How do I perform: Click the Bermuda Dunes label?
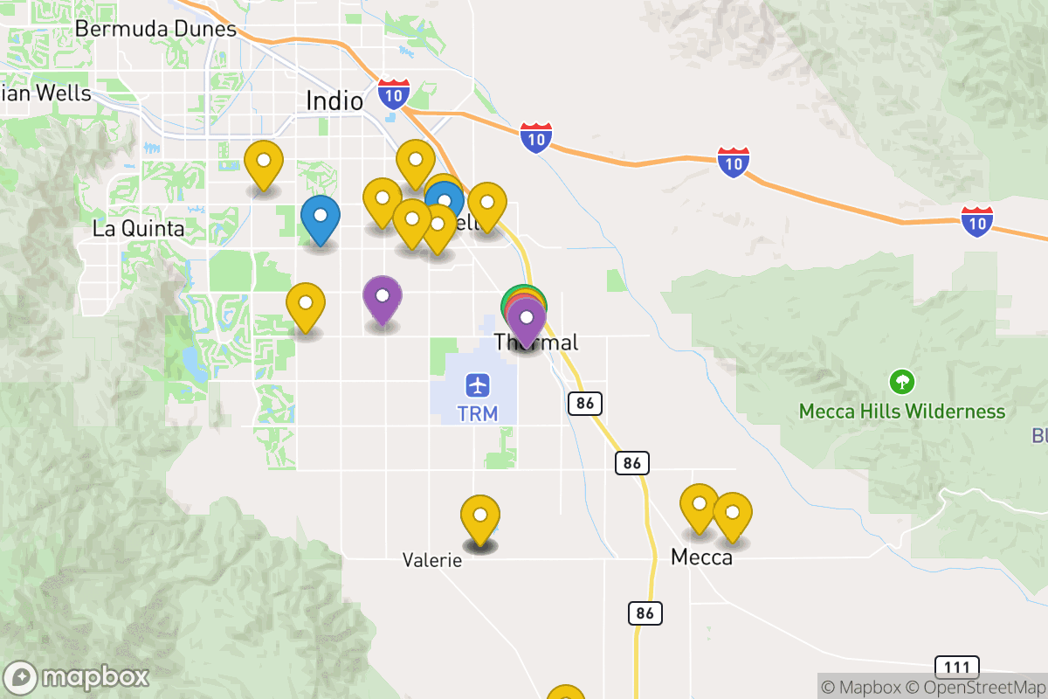coord(155,28)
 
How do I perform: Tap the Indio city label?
coord(334,101)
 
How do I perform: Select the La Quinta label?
coord(139,229)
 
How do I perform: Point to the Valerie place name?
coord(431,560)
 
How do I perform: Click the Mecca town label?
coord(701,557)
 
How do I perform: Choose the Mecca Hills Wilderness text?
coord(902,411)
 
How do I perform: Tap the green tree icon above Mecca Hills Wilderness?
coord(902,382)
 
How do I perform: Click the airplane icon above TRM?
coord(478,384)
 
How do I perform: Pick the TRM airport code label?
coord(478,412)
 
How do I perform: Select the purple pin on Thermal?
coord(527,320)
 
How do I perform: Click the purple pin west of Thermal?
coord(383,300)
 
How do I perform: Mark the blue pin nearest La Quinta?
coord(321,219)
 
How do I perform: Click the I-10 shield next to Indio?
coord(393,93)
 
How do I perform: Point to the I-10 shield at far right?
coord(976,222)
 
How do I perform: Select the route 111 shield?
coord(956,668)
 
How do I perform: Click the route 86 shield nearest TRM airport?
coord(584,404)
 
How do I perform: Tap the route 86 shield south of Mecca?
coord(645,613)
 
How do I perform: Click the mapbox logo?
coord(77,677)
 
